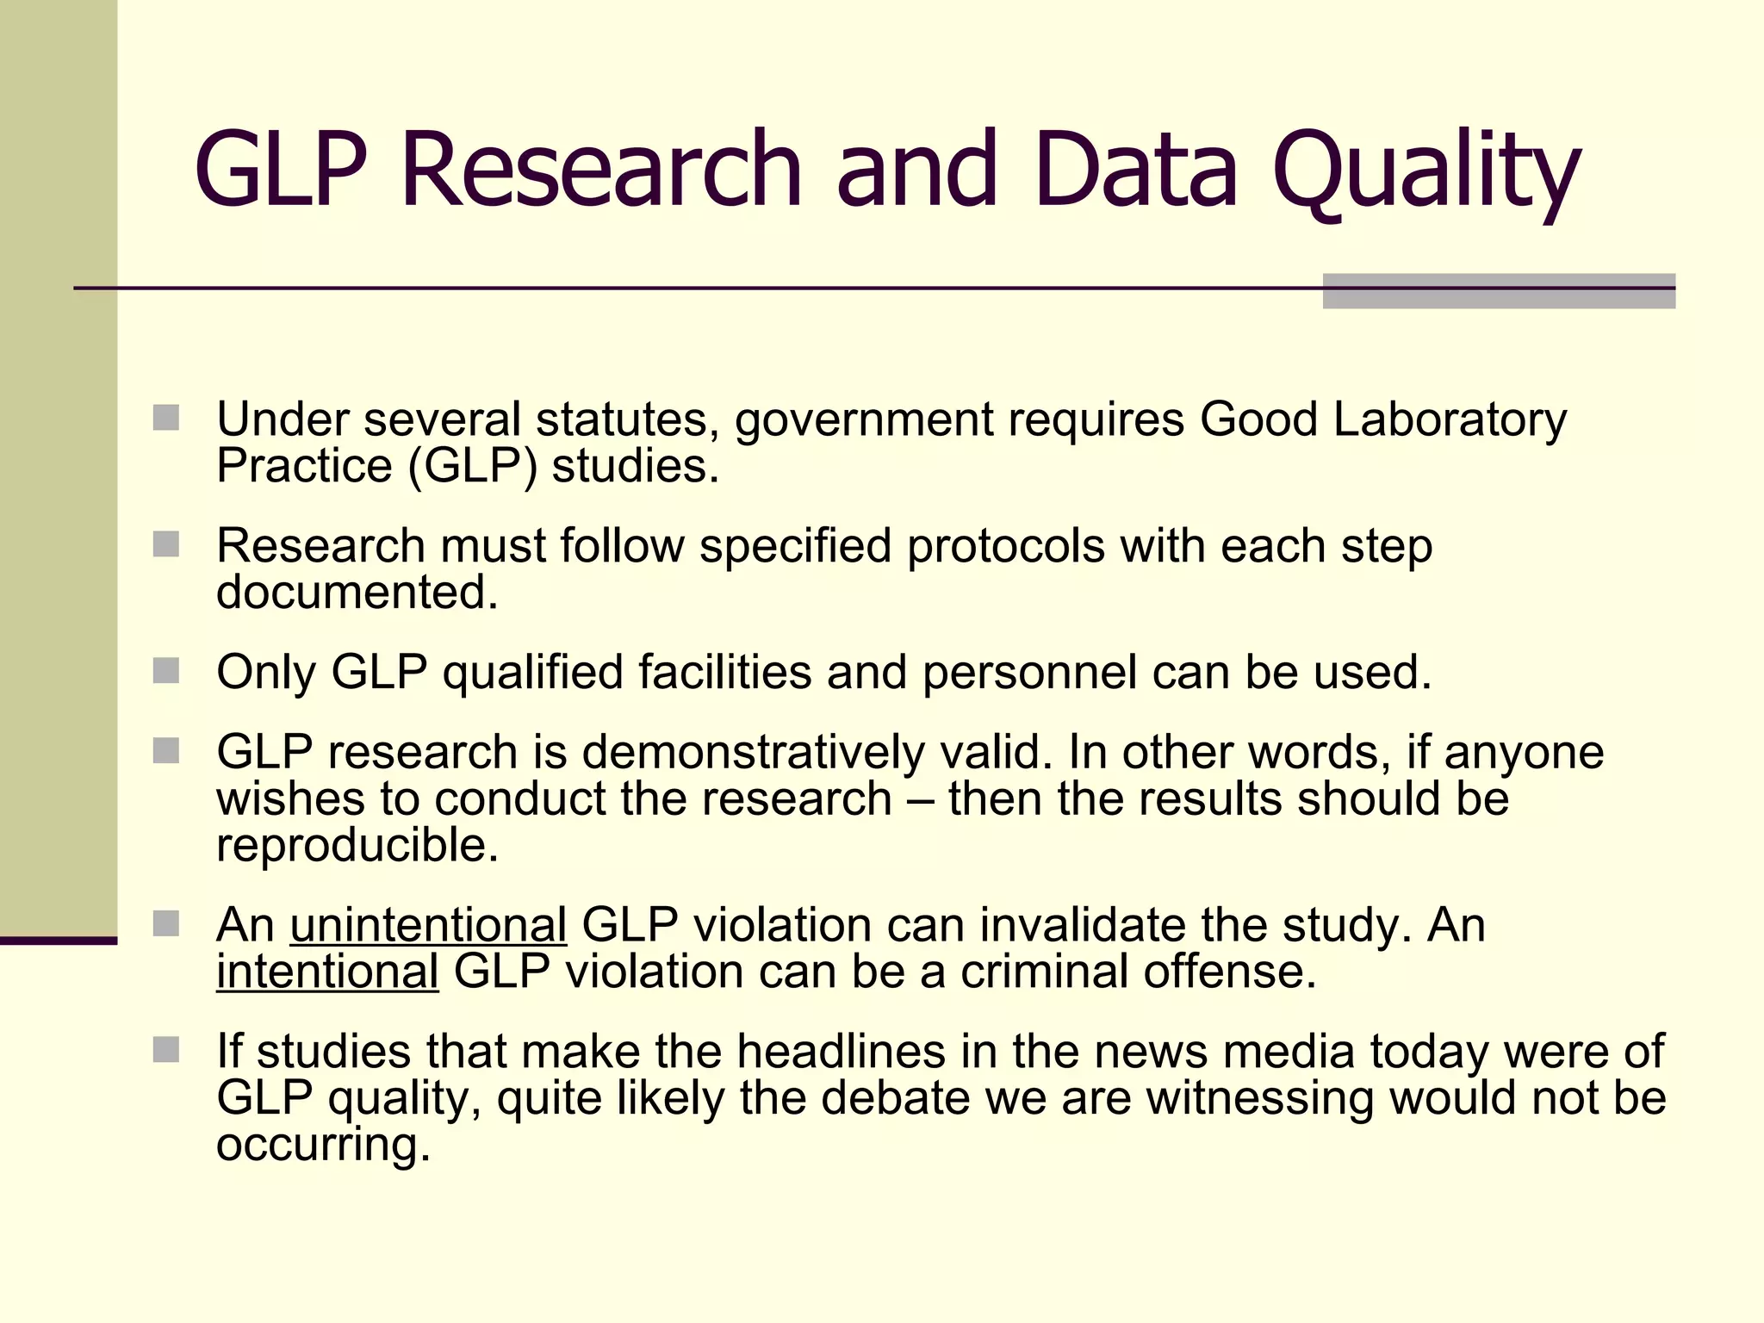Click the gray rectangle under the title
point(1499,291)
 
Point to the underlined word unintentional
point(428,925)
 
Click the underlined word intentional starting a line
point(327,972)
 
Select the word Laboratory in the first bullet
point(1450,420)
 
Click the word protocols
point(1005,546)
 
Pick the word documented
point(357,593)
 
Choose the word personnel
point(1029,673)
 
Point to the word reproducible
point(357,846)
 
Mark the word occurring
point(323,1146)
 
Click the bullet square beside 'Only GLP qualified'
point(166,670)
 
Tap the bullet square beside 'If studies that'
point(166,1049)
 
